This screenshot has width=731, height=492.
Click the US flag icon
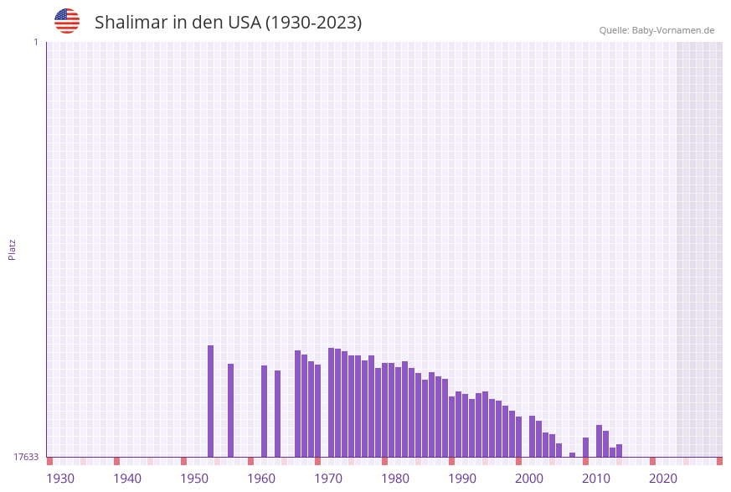coord(67,21)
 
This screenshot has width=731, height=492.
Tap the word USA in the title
coord(244,23)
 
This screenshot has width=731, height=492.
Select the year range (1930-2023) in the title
coord(314,23)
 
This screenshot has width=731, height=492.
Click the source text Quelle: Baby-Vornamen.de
coord(656,30)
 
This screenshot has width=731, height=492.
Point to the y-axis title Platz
coord(13,249)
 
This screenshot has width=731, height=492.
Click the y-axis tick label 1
coord(35,42)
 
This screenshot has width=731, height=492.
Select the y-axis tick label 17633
coord(26,457)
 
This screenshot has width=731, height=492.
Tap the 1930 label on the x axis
coord(60,479)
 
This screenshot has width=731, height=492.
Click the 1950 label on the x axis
coord(194,479)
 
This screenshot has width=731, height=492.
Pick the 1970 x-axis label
coord(328,479)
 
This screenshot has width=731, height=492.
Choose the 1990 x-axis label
coord(462,479)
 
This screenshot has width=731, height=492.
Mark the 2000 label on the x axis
coord(529,479)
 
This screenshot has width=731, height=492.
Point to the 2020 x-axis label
coord(663,479)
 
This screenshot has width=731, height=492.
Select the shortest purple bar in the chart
coord(572,454)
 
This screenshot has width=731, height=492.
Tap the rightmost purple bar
coord(619,450)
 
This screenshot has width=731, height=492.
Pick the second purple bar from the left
coord(230,410)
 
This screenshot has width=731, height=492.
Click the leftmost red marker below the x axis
coord(49,461)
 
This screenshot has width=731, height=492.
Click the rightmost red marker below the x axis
coord(719,461)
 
